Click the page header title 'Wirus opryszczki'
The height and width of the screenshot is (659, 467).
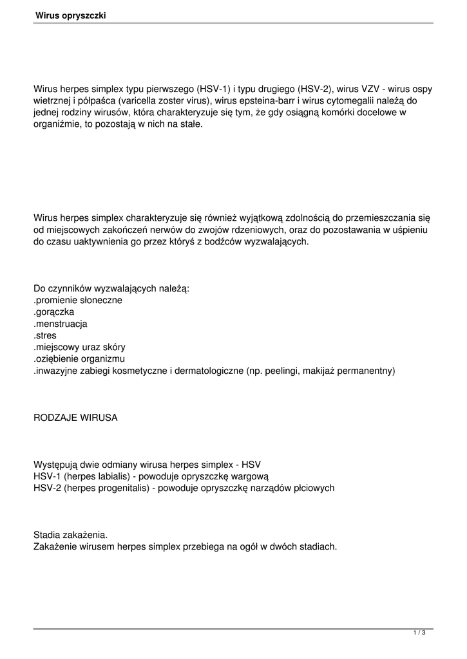[70, 15]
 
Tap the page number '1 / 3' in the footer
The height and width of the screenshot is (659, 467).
[419, 633]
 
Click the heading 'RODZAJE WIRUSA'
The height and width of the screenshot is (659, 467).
[75, 418]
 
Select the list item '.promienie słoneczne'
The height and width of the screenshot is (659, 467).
[78, 300]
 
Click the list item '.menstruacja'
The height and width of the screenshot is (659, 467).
[61, 324]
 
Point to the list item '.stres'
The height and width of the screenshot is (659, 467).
[45, 335]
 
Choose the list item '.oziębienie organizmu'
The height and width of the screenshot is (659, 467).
[79, 359]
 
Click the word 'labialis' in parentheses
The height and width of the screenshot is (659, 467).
[102, 476]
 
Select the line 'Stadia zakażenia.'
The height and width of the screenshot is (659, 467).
[71, 535]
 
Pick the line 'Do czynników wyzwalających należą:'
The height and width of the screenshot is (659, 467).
[111, 288]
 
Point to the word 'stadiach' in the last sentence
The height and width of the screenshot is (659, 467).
[318, 547]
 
